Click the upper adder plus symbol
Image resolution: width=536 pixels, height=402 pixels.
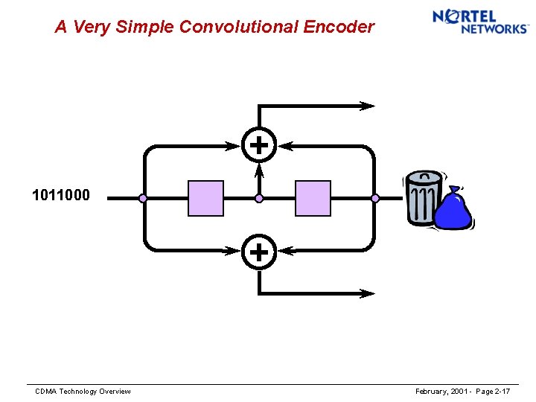tap(258, 145)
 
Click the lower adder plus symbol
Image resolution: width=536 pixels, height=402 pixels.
tap(258, 252)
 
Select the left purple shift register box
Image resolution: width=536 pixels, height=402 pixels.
tap(205, 198)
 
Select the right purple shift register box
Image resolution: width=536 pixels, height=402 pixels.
tap(313, 198)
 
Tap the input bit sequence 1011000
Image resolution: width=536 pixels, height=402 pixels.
tap(61, 196)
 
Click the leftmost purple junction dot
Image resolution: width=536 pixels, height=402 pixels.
tap(143, 199)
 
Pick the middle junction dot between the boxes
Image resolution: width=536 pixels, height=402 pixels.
tap(259, 199)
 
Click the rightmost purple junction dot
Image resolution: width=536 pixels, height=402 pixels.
tap(375, 199)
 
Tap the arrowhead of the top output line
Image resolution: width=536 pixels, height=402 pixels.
tap(368, 106)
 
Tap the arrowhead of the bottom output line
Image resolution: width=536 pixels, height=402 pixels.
tap(368, 293)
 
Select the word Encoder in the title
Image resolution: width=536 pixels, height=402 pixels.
tap(339, 28)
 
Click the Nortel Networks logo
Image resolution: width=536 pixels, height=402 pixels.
tap(479, 21)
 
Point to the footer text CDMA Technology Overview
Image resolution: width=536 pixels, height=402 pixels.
tap(83, 392)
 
